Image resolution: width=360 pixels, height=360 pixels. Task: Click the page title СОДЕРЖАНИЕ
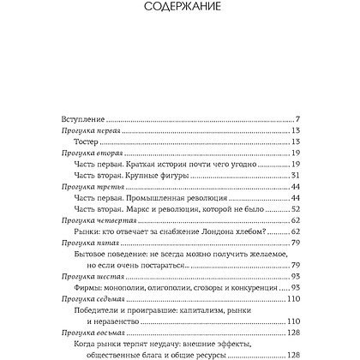pyautogui.click(x=179, y=12)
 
